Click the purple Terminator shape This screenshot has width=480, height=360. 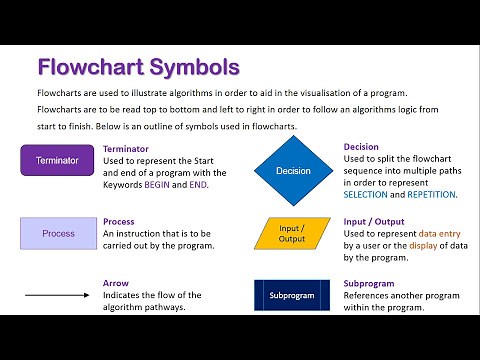(56, 160)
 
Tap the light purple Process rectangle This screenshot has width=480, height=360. (58, 233)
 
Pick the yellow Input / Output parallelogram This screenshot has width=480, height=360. (292, 232)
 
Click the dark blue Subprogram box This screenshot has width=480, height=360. (292, 295)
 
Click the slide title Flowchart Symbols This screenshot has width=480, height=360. (138, 68)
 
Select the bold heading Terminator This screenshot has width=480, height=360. (126, 148)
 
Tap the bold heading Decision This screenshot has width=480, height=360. (361, 147)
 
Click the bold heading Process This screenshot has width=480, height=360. (119, 221)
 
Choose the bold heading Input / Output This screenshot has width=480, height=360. (374, 221)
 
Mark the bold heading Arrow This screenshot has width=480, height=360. (116, 283)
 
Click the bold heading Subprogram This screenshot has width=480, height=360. (368, 283)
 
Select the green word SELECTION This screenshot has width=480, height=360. (368, 197)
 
